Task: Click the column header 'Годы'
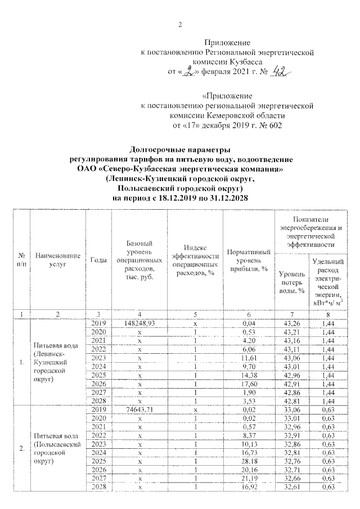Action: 98,259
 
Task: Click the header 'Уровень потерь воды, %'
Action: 292,281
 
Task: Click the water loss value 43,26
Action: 292,323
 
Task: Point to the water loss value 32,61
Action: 292,488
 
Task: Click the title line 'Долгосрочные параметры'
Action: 180,150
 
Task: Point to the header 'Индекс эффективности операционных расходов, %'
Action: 195,259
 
